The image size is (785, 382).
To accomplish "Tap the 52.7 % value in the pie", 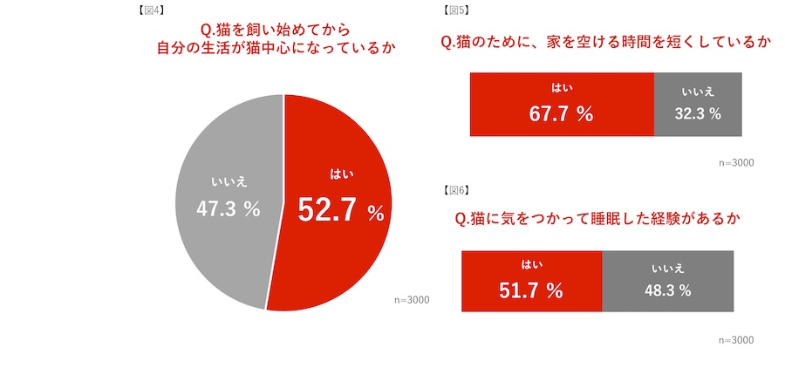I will point(341,210).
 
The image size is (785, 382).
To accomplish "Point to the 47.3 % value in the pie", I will point(229,208).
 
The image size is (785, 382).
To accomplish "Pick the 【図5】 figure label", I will point(456,11).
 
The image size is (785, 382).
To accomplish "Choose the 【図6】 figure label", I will point(456,189).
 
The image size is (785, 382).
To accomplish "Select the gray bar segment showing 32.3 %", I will point(698,104).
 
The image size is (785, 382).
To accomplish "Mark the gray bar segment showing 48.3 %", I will point(667,281).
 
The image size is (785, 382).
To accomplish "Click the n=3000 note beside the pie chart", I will point(412,300).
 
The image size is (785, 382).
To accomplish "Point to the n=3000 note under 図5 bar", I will point(735,162).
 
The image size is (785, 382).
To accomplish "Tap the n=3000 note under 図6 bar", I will point(735,339).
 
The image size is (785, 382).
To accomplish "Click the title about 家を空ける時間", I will point(607,42).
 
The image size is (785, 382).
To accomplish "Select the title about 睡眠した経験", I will point(597,219).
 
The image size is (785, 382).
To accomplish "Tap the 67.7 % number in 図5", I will point(561,113).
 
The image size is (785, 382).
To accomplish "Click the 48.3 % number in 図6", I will point(667,290).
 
